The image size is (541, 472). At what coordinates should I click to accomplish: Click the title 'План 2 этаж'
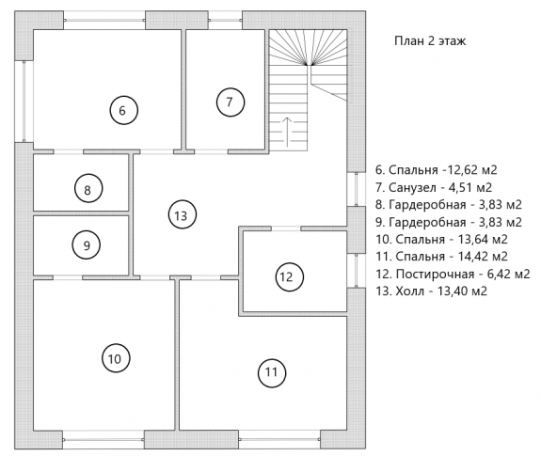(430, 40)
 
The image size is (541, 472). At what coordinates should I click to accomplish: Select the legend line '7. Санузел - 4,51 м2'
(434, 187)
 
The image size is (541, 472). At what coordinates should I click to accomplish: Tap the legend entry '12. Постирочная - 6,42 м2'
(453, 275)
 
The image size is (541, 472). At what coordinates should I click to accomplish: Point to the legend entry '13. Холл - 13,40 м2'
(431, 291)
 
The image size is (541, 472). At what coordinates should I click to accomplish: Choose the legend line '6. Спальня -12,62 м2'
(437, 170)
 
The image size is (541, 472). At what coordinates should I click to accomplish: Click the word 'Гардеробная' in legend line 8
(427, 205)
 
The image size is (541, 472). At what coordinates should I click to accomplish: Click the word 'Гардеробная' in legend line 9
(427, 223)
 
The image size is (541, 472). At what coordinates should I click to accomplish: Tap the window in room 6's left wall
(24, 102)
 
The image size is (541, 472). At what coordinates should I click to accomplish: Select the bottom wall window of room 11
(279, 440)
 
